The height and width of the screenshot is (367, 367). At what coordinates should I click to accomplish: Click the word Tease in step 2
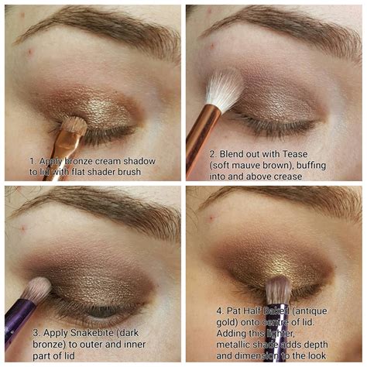pyautogui.click(x=295, y=154)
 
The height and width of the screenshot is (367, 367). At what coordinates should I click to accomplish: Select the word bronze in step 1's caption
pyautogui.click(x=79, y=161)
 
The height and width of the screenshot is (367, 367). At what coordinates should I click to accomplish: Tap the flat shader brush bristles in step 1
pyautogui.click(x=74, y=125)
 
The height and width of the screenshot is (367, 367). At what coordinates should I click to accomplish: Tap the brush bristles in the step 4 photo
pyautogui.click(x=278, y=290)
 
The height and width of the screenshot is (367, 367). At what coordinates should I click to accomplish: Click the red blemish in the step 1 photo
pyautogui.click(x=30, y=52)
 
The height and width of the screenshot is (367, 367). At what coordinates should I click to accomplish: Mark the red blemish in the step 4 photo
pyautogui.click(x=211, y=218)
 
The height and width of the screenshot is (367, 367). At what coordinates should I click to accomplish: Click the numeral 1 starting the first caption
pyautogui.click(x=33, y=162)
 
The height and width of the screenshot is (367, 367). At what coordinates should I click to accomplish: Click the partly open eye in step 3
pyautogui.click(x=101, y=312)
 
